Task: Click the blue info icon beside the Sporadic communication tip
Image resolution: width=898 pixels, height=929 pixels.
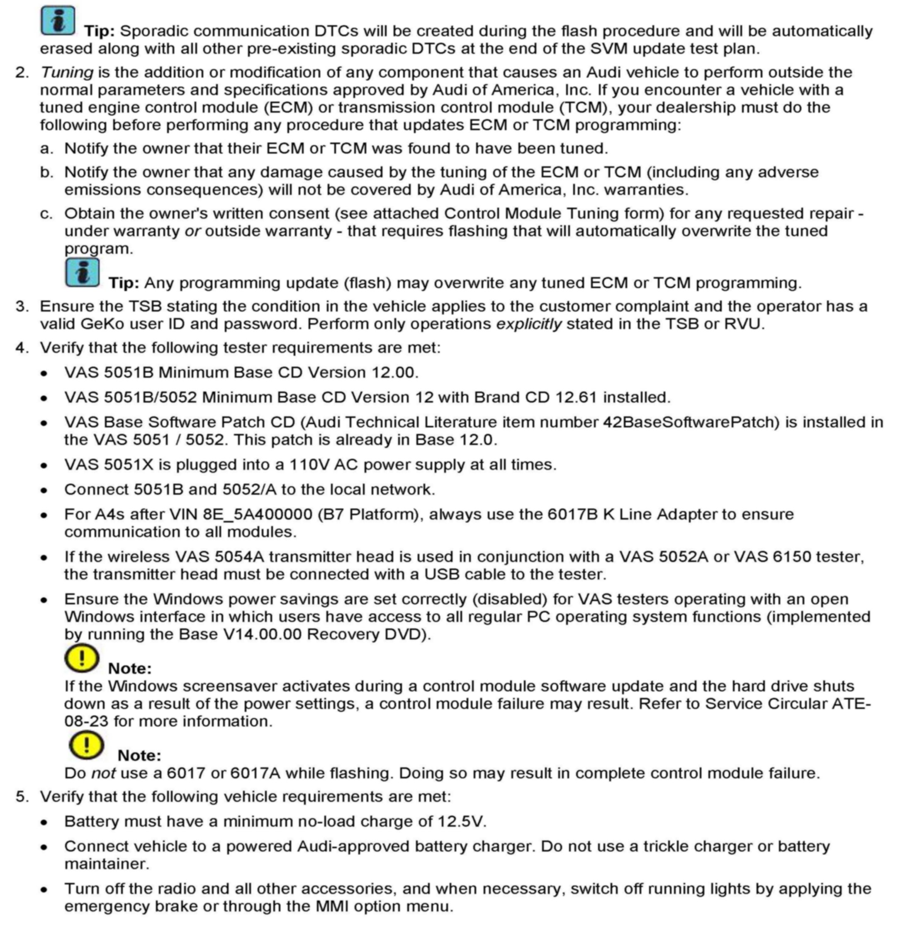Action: point(57,20)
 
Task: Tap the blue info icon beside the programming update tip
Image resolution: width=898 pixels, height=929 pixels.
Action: point(82,272)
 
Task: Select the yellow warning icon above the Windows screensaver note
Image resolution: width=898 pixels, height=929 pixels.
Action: point(82,658)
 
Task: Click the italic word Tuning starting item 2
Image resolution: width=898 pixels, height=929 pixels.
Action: point(66,73)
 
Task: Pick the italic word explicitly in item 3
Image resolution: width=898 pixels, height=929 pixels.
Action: point(528,324)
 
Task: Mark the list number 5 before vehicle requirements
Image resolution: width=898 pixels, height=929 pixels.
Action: point(22,797)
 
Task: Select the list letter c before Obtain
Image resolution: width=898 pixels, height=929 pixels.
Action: point(46,214)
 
